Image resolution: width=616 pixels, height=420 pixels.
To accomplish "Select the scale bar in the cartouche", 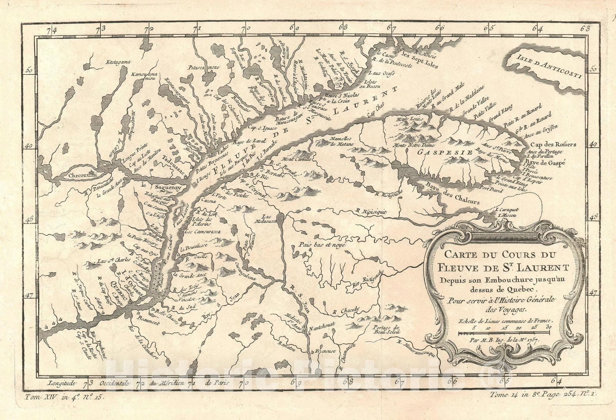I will point(504,331).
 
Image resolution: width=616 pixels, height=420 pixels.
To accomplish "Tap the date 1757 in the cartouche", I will point(531,340).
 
